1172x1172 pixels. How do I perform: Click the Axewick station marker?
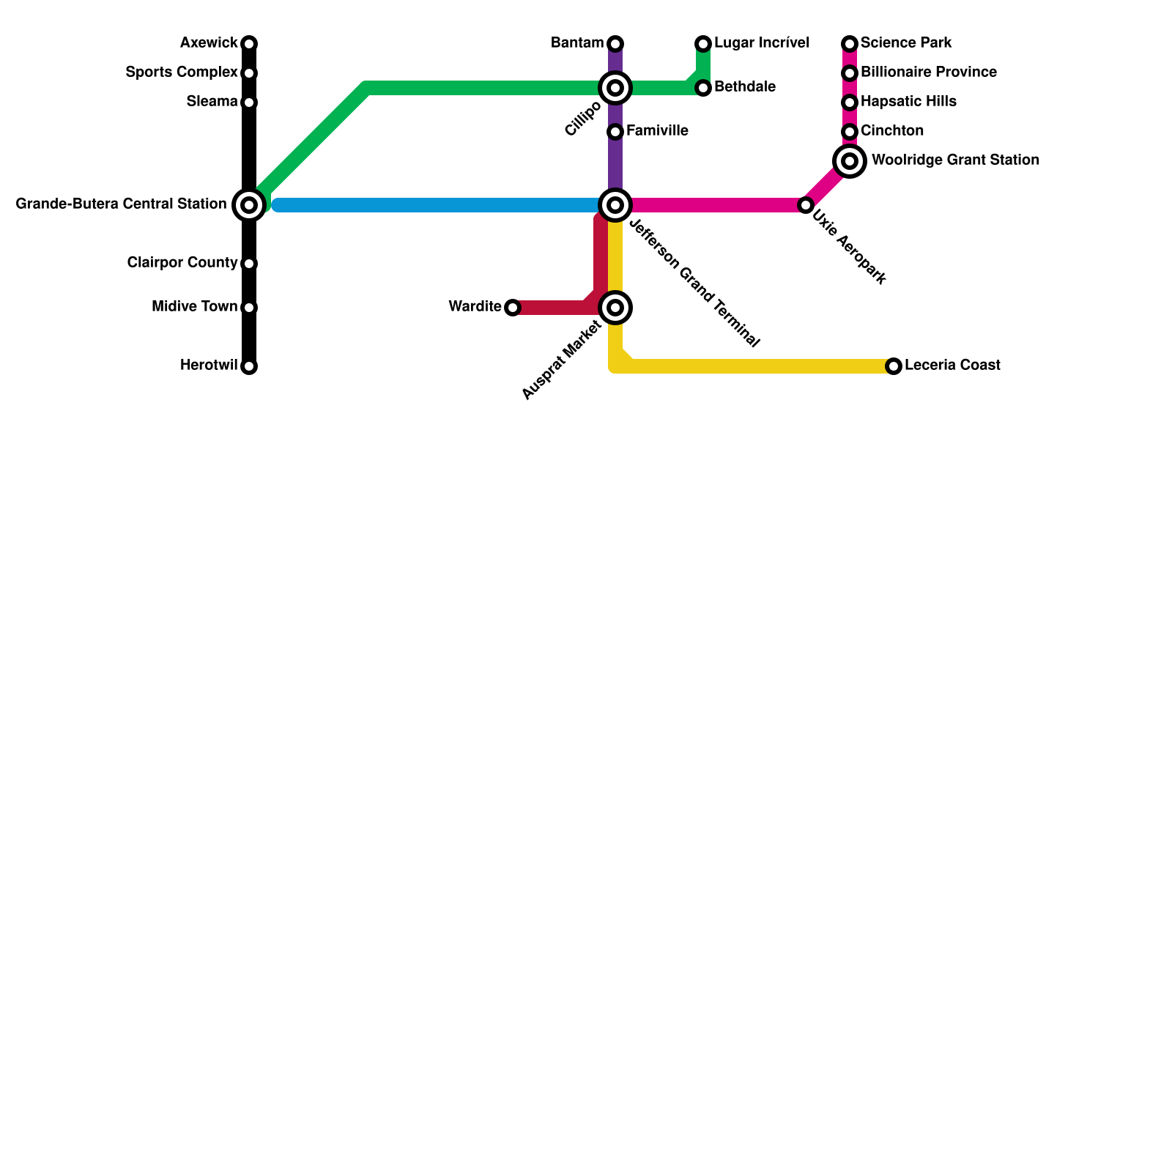tap(249, 44)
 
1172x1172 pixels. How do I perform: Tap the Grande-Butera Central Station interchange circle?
tap(249, 205)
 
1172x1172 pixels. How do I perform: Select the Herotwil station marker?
tap(249, 366)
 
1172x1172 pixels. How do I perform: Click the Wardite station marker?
tap(513, 308)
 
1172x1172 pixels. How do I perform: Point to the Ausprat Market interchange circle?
tap(615, 308)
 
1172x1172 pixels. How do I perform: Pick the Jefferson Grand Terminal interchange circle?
tap(615, 205)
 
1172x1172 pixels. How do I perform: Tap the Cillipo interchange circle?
tap(615, 88)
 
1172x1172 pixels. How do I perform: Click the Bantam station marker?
tap(615, 44)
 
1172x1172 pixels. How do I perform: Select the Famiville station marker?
tap(615, 132)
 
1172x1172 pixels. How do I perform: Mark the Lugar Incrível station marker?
tap(703, 44)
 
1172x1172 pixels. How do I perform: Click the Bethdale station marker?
tap(703, 88)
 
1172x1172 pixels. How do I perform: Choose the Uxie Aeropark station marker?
tap(806, 205)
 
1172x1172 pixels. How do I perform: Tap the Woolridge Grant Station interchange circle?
tap(850, 160)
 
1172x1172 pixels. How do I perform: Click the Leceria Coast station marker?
tap(894, 366)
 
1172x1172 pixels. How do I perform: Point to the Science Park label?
tap(906, 43)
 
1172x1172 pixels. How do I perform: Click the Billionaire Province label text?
tap(928, 73)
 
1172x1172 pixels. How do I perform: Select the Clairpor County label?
tap(182, 263)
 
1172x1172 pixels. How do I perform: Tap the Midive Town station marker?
tap(249, 308)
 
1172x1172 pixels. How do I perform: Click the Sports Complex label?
tap(181, 73)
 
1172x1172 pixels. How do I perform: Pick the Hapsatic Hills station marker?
tap(850, 103)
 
